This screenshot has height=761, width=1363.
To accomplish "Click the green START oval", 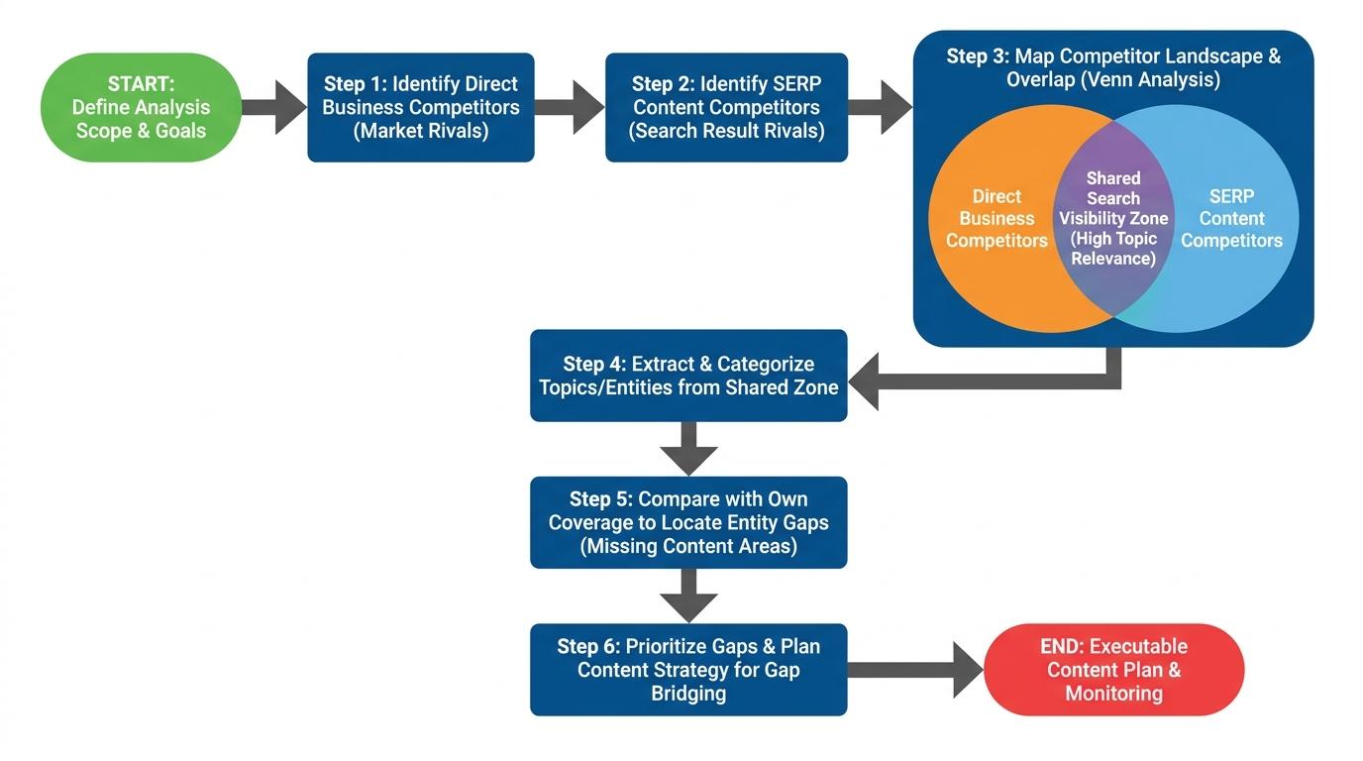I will click(x=141, y=107).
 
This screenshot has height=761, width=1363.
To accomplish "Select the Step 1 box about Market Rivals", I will click(x=421, y=107).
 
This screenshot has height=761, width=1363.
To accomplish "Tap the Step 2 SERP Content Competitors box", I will click(x=726, y=107).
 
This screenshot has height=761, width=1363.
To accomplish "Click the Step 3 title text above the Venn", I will click(x=1113, y=67).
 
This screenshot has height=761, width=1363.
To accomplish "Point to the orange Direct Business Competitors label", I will click(x=996, y=218).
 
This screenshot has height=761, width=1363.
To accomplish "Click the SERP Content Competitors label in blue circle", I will click(x=1231, y=218).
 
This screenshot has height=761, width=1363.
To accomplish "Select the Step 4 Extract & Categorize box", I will click(x=688, y=376).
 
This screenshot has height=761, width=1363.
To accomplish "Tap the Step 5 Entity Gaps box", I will click(x=688, y=522).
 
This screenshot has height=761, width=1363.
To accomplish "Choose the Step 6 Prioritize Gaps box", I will click(x=688, y=669).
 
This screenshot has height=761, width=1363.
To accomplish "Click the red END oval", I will click(x=1113, y=669).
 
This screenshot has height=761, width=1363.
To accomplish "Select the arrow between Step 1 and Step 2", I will click(x=570, y=107).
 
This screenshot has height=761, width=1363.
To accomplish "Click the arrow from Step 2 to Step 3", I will click(x=880, y=107).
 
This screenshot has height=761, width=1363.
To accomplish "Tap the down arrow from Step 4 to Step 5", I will click(x=688, y=449).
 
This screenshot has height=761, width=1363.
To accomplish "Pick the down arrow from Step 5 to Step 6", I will click(x=688, y=596).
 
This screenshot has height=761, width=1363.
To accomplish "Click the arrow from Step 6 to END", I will click(x=916, y=669).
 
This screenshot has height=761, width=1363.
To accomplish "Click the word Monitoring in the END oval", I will click(x=1113, y=694).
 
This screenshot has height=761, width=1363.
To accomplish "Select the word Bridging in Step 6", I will click(x=688, y=694).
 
